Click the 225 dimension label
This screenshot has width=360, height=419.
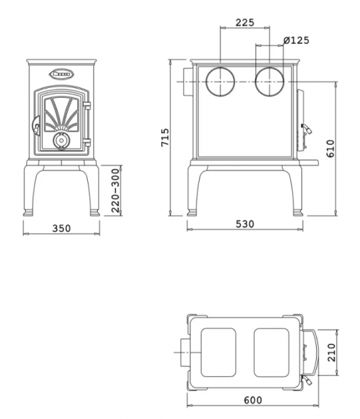coord(245,22)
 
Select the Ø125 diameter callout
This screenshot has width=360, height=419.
coord(297,41)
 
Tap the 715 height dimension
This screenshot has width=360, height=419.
coord(165,138)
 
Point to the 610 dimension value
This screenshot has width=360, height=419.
coord(331,149)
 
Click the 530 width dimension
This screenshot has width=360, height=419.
coord(245,224)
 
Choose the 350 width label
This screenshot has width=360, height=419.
coord(61,228)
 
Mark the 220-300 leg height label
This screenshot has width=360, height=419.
coord(115,191)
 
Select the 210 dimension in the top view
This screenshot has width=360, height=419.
coord(331,353)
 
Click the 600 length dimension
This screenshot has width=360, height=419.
coord(253,400)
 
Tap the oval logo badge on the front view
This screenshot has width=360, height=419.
coord(61,73)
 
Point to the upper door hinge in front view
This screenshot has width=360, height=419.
coord(87,105)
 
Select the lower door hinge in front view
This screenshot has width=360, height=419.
coord(87,142)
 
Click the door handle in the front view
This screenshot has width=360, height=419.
coord(36,126)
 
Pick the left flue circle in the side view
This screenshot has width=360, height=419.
coord(220,82)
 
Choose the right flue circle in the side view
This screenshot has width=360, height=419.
coord(270,82)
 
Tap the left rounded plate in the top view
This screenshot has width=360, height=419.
coord(218,353)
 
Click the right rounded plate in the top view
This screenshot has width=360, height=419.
coord(271,353)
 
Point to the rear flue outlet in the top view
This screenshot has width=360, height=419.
coord(186,353)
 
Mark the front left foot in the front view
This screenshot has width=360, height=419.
coord(28,213)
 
